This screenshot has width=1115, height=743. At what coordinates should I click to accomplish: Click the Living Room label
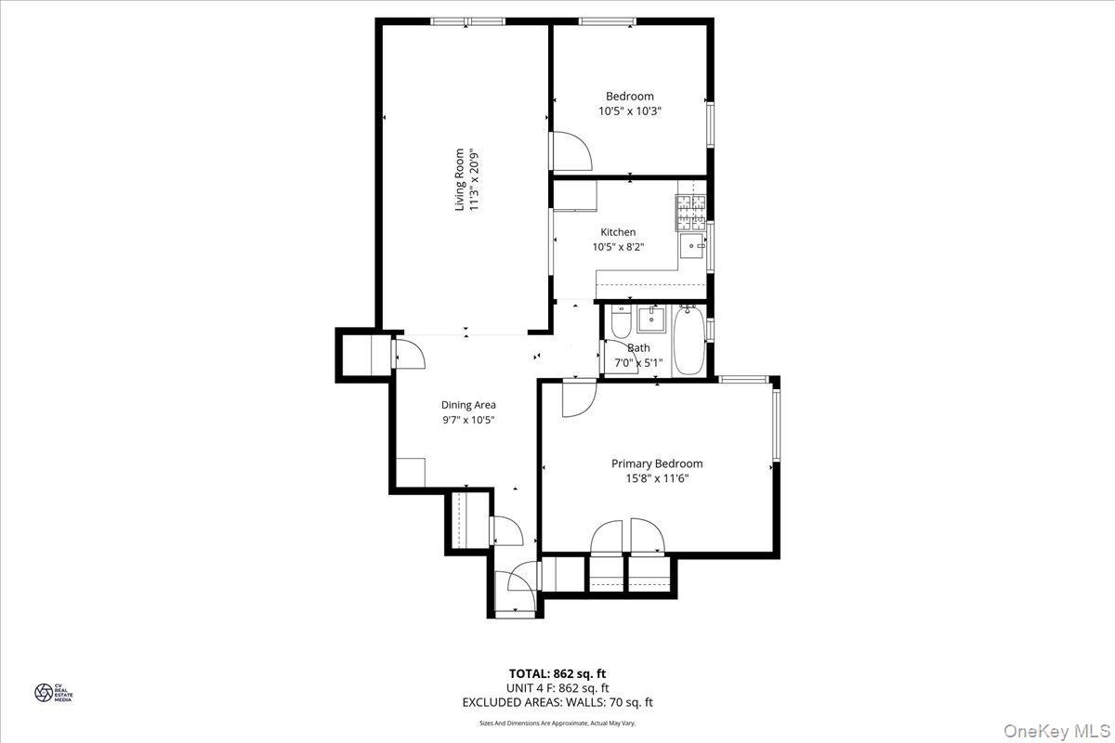(459, 179)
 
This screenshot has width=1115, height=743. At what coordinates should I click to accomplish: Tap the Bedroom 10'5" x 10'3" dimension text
(629, 111)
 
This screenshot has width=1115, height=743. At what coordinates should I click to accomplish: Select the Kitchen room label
(618, 232)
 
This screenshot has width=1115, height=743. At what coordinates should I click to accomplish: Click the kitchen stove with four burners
(690, 213)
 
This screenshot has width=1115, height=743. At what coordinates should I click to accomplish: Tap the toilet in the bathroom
(621, 323)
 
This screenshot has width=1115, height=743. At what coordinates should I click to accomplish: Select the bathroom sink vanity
(652, 320)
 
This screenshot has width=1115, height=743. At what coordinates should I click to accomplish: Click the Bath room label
(638, 348)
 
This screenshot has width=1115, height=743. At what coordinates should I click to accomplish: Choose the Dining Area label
(468, 405)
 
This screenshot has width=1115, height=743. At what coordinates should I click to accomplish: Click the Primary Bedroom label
(656, 463)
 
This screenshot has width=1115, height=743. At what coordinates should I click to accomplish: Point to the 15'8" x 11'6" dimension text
(656, 479)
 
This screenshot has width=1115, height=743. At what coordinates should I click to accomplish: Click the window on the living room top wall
(467, 20)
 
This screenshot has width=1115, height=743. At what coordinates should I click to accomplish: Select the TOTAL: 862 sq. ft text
(557, 673)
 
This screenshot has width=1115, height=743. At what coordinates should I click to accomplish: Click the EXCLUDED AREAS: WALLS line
(557, 703)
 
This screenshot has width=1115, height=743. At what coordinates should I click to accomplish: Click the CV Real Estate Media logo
(45, 692)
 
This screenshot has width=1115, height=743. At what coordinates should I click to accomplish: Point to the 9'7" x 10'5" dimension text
(468, 420)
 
